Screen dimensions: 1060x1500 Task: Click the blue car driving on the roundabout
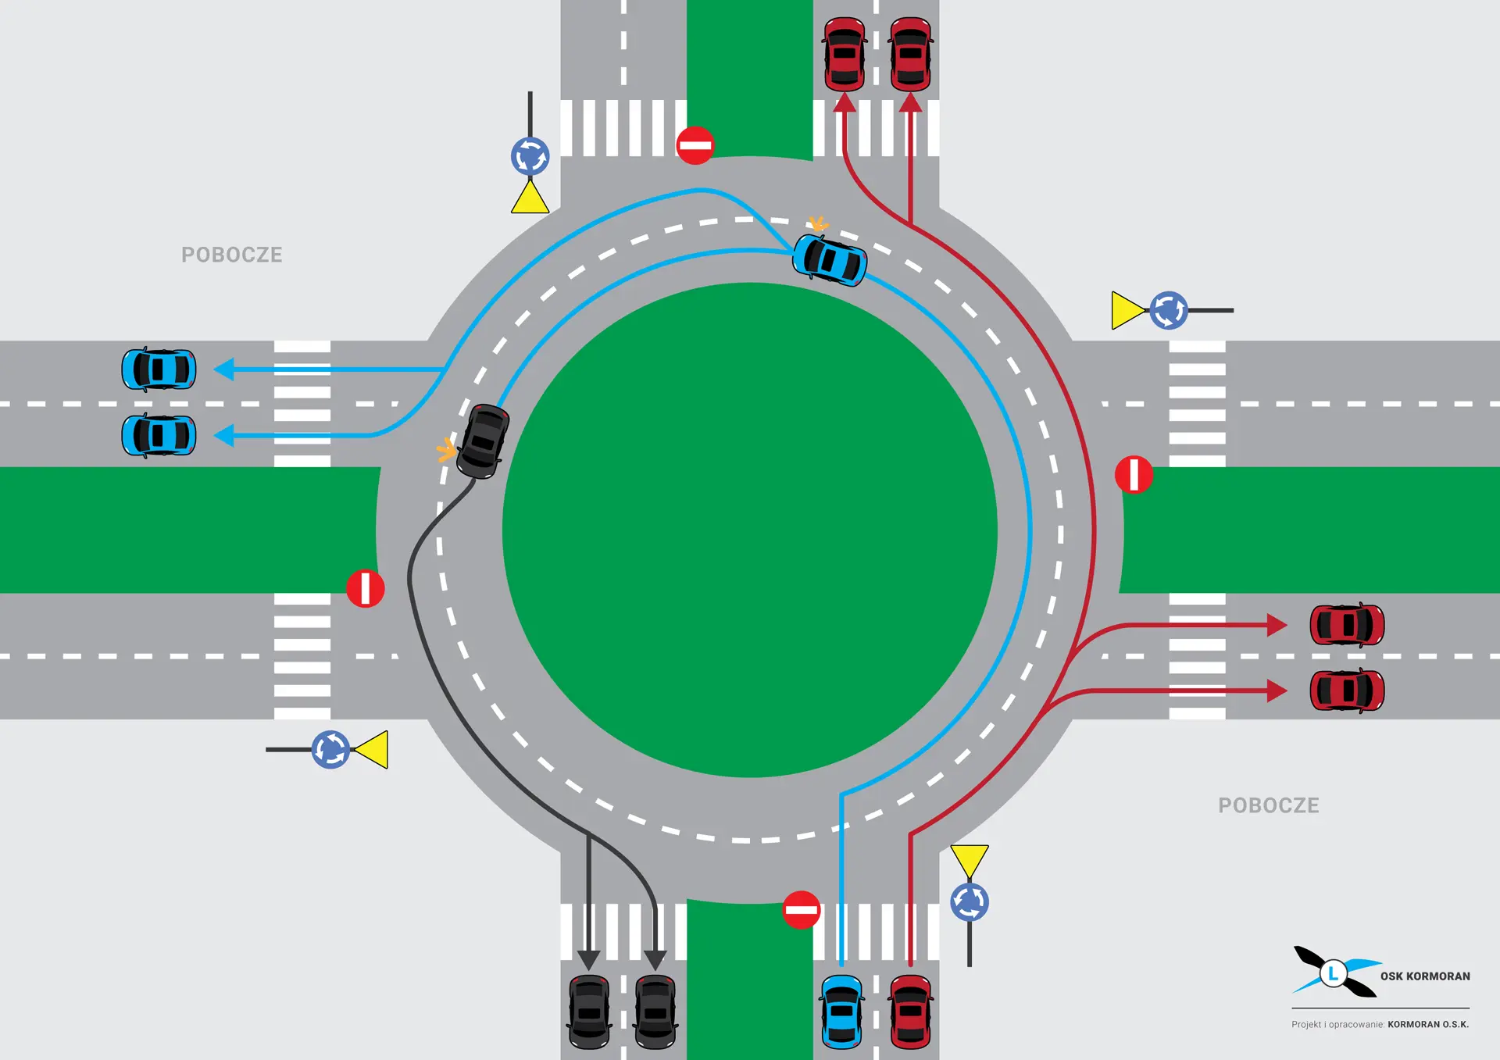point(830,260)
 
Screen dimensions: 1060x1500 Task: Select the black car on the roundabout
point(483,441)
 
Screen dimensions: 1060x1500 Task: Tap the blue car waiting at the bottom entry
point(841,1012)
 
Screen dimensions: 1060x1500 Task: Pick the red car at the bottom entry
point(910,1012)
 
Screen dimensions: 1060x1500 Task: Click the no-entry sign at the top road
point(695,145)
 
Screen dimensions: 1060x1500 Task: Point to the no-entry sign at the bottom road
point(801,910)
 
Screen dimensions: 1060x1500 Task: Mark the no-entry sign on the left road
point(365,588)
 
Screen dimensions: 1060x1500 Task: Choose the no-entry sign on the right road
point(1134,475)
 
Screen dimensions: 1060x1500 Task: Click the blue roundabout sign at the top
point(530,156)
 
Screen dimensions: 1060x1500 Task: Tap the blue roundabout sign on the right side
point(1169,310)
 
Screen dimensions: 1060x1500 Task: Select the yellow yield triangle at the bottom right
point(970,859)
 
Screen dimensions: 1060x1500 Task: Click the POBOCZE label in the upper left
point(232,255)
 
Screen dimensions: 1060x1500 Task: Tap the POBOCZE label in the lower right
point(1268,805)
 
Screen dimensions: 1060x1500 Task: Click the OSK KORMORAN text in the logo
point(1425,976)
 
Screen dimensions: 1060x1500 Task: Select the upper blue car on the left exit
point(159,369)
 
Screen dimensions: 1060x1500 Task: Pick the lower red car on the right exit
point(1347,691)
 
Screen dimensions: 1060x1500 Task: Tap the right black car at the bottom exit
point(655,1012)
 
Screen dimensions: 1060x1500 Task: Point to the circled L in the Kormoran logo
point(1334,973)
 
